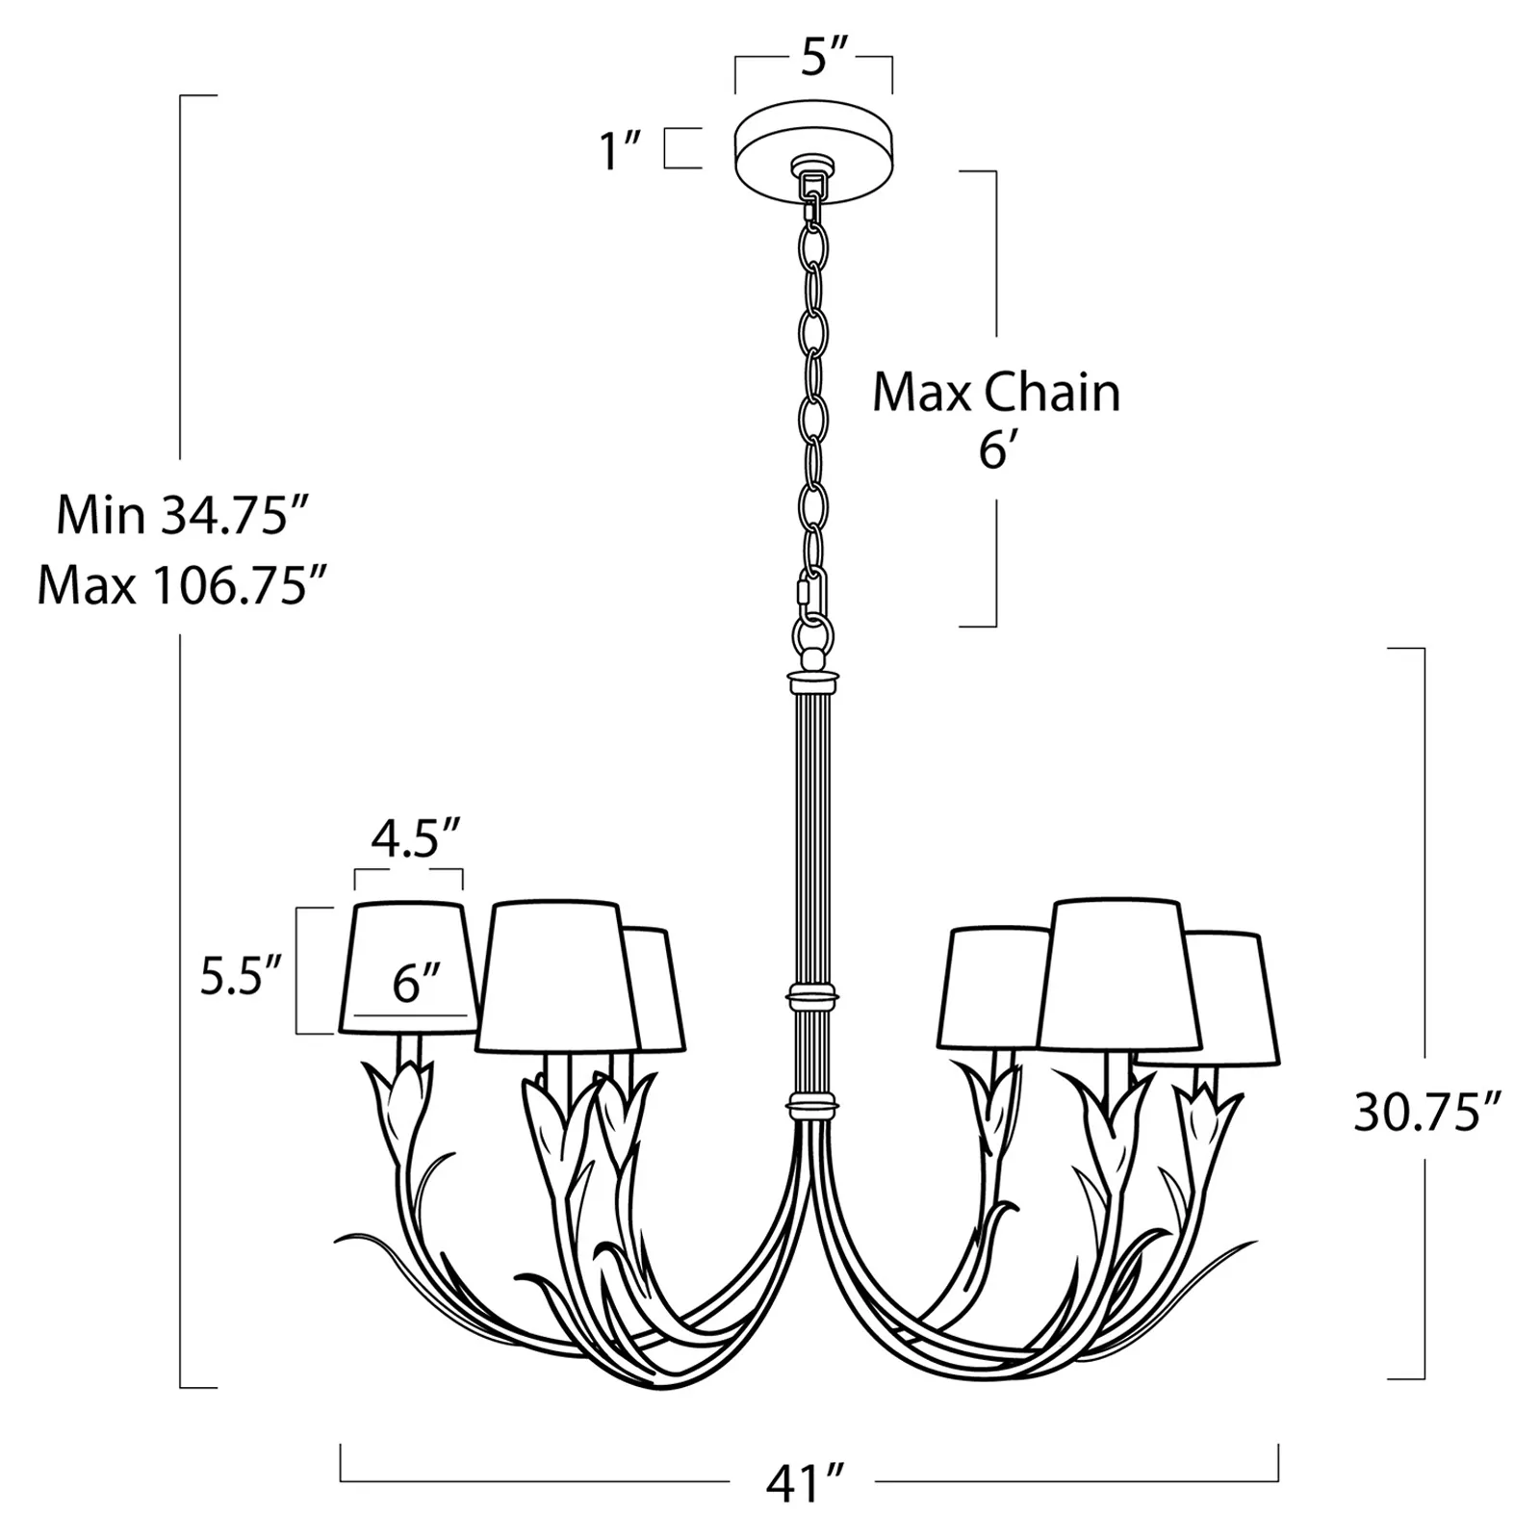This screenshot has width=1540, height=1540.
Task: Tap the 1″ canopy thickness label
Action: point(621,151)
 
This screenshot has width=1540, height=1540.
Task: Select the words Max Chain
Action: point(996,393)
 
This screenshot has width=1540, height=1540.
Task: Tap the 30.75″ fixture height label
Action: point(1427,1114)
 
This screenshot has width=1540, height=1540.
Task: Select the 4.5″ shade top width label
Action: point(416,839)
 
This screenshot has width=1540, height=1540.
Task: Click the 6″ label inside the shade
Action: point(416,984)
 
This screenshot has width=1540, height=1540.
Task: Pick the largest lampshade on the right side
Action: point(1118,974)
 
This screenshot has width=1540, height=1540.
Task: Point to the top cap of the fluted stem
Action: point(813,682)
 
